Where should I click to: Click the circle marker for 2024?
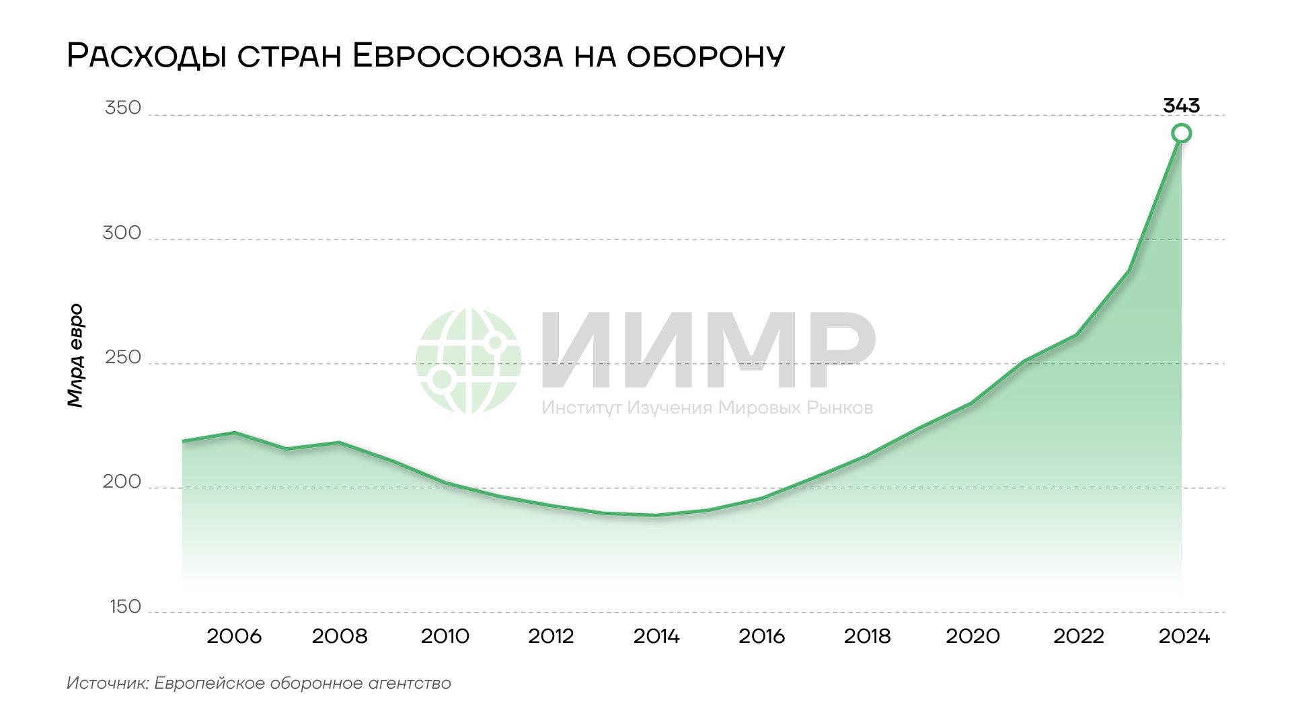point(1181,133)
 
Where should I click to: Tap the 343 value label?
point(1181,106)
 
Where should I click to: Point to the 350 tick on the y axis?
point(123,108)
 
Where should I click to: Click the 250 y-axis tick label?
point(123,358)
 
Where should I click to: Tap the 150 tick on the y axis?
point(125,607)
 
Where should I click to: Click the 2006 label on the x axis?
point(234,636)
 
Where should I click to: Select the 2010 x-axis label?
point(445,636)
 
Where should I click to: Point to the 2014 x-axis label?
point(656,636)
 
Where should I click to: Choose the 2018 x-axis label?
point(867,636)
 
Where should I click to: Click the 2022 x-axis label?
point(1078,636)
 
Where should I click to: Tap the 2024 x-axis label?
point(1184,636)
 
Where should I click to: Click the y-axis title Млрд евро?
point(75,355)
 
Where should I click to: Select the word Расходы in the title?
point(147,56)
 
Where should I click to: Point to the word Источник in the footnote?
point(108,683)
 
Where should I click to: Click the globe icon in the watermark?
point(468,361)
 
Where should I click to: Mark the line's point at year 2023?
point(1129,271)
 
